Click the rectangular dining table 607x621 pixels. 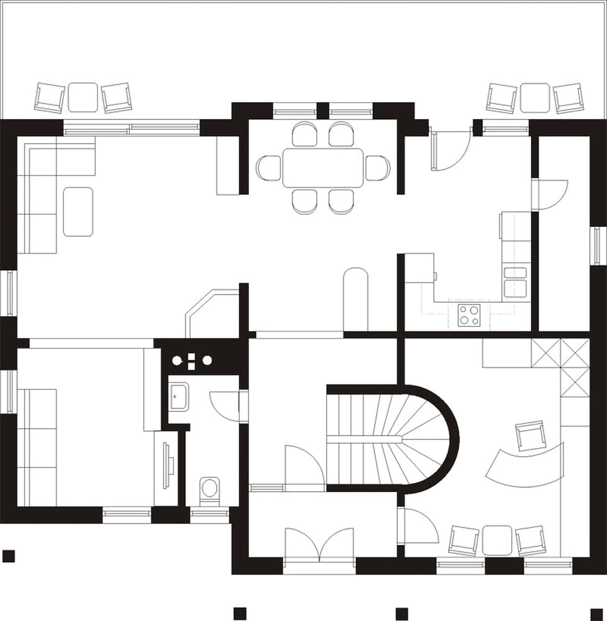[322, 168]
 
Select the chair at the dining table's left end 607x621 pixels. [269, 168]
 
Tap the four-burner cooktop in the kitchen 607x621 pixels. [468, 315]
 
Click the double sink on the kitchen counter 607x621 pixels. [515, 281]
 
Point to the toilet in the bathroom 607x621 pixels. [209, 487]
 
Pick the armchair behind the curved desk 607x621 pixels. [530, 435]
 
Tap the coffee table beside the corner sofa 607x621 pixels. [78, 212]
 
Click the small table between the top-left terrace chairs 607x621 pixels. [83, 97]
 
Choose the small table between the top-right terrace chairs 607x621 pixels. [534, 97]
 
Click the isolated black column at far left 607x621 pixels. [8, 555]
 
